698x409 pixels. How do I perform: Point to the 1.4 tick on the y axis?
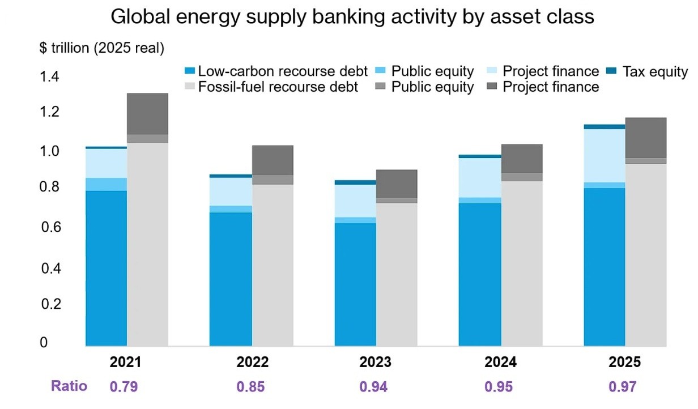pos(49,76)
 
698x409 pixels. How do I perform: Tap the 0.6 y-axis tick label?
pos(51,227)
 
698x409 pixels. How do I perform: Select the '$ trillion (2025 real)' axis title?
pos(102,48)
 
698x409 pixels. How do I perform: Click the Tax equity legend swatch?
pos(611,71)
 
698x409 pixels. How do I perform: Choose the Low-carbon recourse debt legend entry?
pos(276,71)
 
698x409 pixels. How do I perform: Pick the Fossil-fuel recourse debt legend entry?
pos(271,87)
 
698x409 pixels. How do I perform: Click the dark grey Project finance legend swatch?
pos(492,86)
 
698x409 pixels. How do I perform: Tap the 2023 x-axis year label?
pos(375,362)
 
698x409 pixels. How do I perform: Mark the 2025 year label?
pos(625,362)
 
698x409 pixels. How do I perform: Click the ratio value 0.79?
pos(124,386)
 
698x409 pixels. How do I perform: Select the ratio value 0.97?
pos(623,386)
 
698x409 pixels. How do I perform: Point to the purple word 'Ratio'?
pos(69,386)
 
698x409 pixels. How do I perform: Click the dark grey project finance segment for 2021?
pos(148,114)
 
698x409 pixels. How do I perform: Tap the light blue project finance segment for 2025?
pos(605,155)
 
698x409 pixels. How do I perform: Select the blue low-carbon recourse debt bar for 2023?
pos(356,284)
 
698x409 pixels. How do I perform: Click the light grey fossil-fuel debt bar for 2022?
pos(273,265)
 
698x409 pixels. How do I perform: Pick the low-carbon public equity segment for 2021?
pos(107,185)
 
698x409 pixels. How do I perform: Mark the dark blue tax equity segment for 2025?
pos(605,126)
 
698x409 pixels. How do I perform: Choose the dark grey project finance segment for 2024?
pos(522,159)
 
